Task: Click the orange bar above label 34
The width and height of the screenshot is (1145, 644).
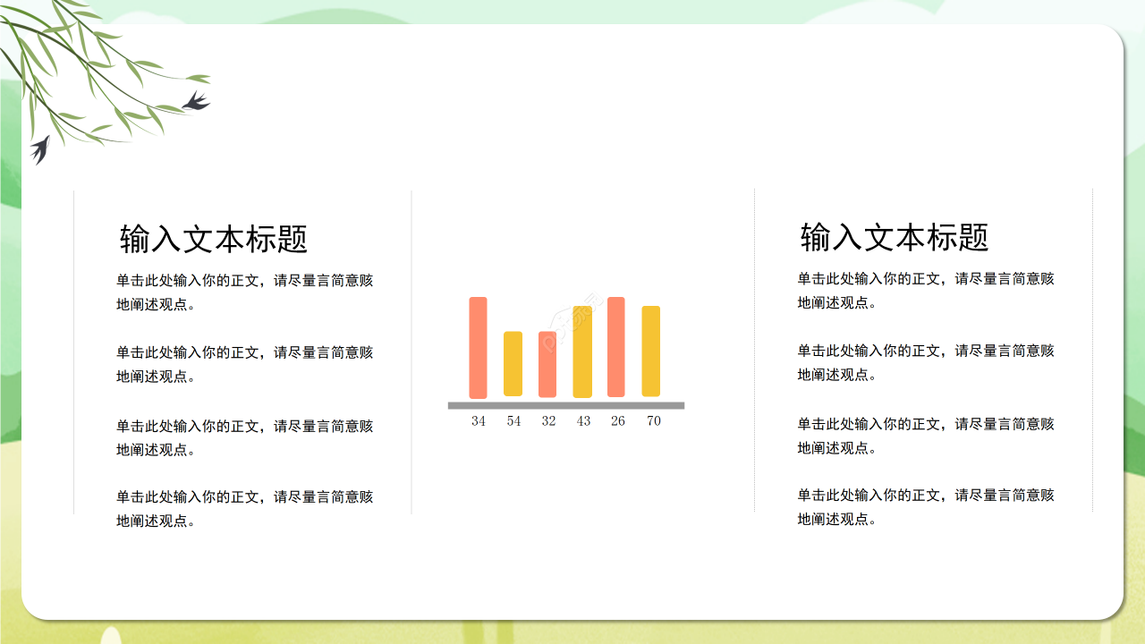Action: click(x=478, y=347)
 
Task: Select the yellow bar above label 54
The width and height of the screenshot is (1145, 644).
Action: click(x=513, y=363)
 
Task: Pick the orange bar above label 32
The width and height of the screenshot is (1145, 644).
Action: click(x=547, y=364)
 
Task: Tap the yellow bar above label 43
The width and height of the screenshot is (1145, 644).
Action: click(x=582, y=352)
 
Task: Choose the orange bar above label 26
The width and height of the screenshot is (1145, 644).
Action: click(x=616, y=347)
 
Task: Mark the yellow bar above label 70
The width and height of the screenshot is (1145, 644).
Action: click(x=651, y=351)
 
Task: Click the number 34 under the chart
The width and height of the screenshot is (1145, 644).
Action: click(x=479, y=421)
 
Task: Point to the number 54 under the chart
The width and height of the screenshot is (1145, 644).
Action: click(x=513, y=421)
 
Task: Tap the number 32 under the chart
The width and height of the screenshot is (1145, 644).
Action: click(x=548, y=421)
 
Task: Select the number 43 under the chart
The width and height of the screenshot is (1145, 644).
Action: click(x=583, y=421)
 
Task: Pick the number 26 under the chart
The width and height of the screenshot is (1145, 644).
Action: click(x=618, y=421)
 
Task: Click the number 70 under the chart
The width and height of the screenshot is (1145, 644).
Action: click(x=654, y=421)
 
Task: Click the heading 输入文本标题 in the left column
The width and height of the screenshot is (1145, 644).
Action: click(x=214, y=239)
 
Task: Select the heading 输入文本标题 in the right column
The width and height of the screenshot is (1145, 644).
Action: click(x=895, y=237)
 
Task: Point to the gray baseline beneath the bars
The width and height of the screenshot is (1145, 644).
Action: click(x=566, y=405)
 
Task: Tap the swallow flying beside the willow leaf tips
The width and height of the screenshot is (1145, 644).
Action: click(x=196, y=101)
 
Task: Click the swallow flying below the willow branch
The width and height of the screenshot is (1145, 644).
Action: click(x=40, y=149)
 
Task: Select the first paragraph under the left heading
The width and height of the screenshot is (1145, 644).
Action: click(x=244, y=292)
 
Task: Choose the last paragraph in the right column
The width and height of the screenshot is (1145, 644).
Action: click(x=926, y=506)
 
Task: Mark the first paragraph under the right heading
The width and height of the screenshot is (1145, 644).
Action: click(x=926, y=290)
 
